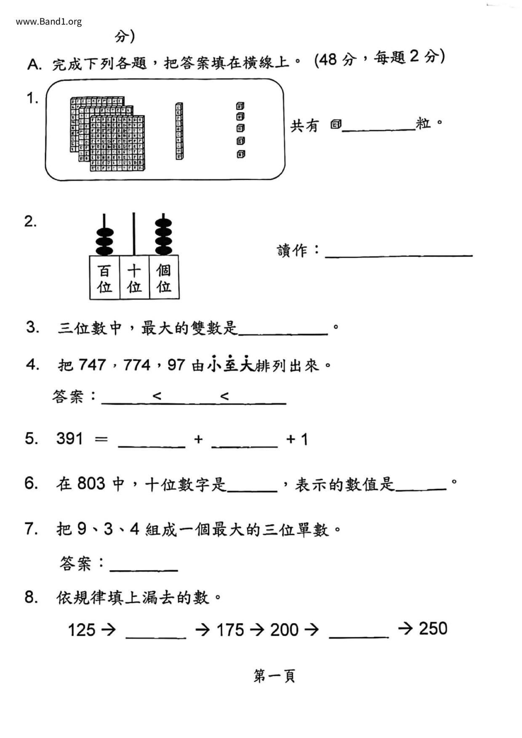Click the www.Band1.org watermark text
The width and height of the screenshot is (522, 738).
(49, 22)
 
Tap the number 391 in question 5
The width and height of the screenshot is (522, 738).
(70, 439)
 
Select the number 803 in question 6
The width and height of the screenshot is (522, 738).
(91, 483)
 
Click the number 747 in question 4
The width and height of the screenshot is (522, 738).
(92, 365)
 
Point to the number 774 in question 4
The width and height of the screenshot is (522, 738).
(137, 365)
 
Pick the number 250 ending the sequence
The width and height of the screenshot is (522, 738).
(433, 629)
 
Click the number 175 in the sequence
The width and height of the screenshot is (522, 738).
(230, 630)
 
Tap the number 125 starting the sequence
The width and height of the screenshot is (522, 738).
(82, 630)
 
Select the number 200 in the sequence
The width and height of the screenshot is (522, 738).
(284, 630)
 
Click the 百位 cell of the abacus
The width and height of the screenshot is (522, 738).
(104, 278)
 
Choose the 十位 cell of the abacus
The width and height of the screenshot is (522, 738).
(134, 278)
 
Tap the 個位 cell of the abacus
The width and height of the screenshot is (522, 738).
(164, 278)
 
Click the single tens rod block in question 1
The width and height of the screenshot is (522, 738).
(179, 131)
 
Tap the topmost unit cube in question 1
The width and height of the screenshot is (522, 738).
(240, 106)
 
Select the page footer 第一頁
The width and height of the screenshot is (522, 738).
(274, 676)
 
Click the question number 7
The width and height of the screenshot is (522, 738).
(32, 528)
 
